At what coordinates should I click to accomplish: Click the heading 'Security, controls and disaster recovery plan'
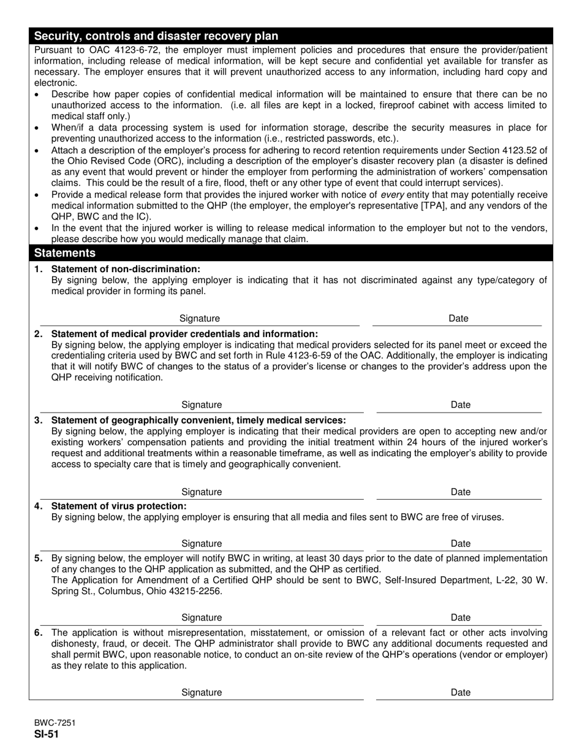point(156,36)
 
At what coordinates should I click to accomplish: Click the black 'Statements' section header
point(65,253)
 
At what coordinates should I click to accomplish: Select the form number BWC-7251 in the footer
point(55,723)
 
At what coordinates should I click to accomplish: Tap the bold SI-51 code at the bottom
point(47,734)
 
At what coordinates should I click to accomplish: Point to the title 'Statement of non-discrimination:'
point(126,269)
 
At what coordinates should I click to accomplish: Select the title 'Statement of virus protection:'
point(119,506)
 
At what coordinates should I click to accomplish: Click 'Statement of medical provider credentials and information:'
point(184,334)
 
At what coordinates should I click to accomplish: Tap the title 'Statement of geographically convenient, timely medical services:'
point(198,421)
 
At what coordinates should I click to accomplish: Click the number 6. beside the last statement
point(39,633)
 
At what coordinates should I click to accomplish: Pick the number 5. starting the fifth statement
point(39,558)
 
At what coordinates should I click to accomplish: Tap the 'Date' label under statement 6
point(460,693)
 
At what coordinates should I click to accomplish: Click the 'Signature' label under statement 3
point(202,492)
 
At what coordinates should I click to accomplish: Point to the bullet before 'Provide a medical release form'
point(38,195)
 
